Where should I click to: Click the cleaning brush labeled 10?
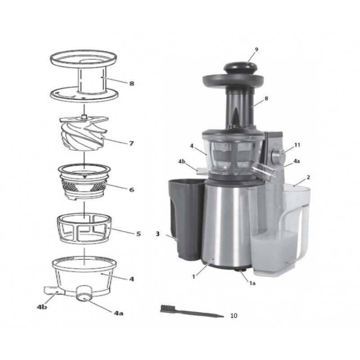coord(192,311)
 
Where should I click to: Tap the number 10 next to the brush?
coord(234,316)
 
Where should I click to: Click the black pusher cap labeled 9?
coord(240,67)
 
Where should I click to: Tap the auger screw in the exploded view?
coord(84,133)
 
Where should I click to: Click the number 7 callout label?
coord(131,144)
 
